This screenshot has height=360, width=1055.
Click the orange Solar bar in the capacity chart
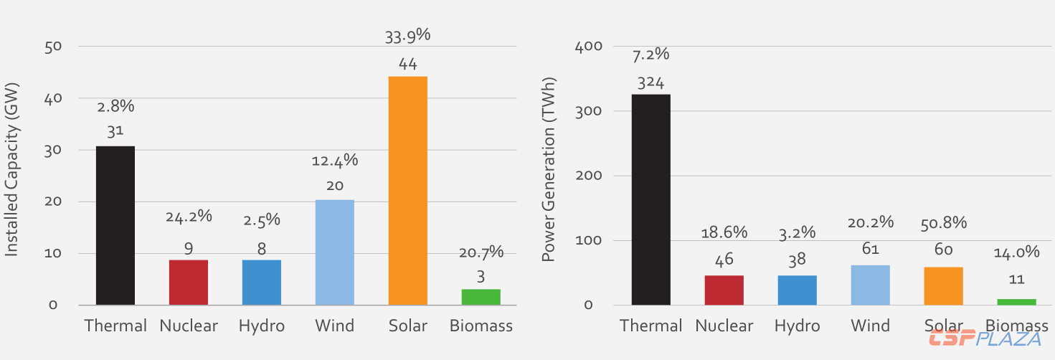click(407, 190)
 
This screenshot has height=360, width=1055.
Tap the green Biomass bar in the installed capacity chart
click(481, 297)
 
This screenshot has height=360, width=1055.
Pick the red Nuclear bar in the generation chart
click(724, 290)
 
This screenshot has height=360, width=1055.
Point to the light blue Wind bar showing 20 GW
click(334, 252)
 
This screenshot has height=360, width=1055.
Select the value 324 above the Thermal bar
click(650, 82)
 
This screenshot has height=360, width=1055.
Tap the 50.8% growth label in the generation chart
click(943, 223)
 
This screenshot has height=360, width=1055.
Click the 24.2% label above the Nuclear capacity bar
click(189, 216)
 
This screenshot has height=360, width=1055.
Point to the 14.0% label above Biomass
click(1016, 252)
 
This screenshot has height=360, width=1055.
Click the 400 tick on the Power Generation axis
click(588, 47)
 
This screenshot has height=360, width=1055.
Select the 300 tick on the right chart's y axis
click(588, 111)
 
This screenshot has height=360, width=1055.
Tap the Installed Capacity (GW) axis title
click(12, 169)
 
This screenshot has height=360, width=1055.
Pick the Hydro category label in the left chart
click(262, 326)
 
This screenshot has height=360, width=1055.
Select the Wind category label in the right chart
click(870, 326)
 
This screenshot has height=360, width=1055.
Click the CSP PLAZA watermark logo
click(985, 339)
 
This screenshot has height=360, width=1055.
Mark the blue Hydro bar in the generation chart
click(797, 290)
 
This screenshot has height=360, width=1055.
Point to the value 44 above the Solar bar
click(407, 64)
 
